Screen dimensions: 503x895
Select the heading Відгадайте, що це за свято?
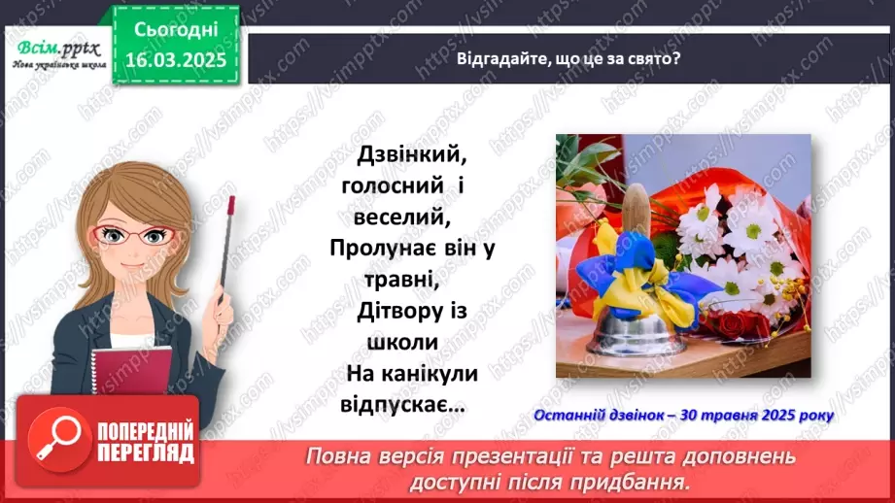point(568,58)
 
